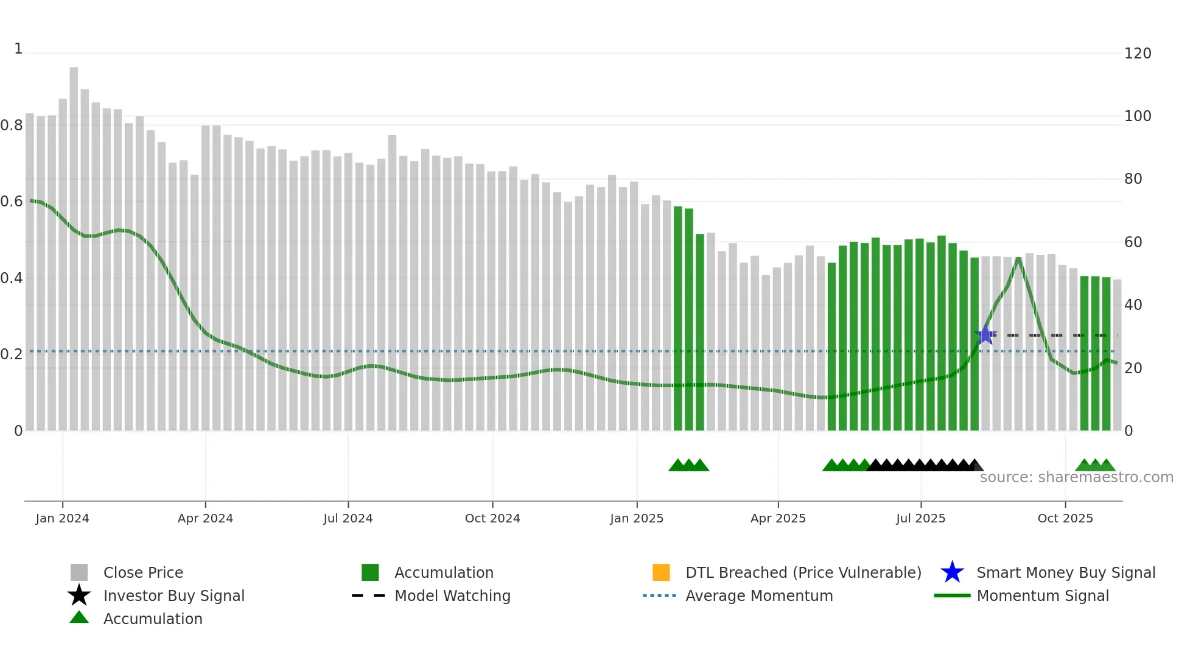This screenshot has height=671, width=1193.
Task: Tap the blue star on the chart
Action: click(985, 335)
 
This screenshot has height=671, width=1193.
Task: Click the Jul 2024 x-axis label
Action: click(348, 518)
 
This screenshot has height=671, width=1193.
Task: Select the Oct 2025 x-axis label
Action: click(1065, 518)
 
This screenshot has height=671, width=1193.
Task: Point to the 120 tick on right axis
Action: click(1137, 54)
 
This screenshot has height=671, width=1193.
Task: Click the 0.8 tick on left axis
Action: click(12, 125)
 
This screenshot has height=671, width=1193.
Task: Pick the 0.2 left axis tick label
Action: click(12, 354)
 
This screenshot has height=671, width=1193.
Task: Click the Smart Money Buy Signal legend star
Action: click(952, 572)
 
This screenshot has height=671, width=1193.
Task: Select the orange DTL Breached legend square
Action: click(661, 572)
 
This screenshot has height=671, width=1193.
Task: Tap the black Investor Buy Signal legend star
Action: click(79, 595)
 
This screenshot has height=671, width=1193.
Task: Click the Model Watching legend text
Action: click(452, 595)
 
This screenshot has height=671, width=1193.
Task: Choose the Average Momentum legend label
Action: click(759, 595)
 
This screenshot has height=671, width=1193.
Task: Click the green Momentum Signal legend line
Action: click(952, 595)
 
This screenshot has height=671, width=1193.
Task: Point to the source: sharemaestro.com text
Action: click(1076, 477)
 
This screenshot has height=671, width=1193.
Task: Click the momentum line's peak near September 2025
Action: click(1018, 259)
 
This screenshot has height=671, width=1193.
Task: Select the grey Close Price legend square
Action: click(79, 572)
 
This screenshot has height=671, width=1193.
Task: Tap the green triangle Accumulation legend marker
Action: click(79, 618)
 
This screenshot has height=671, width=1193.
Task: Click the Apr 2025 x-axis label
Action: click(777, 518)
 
